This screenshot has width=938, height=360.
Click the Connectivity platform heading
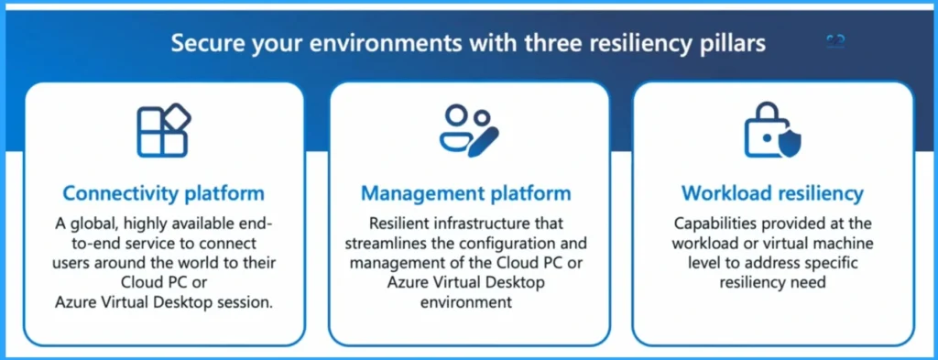(163, 193)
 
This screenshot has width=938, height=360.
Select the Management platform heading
(466, 193)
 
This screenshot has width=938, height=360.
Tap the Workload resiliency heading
(772, 193)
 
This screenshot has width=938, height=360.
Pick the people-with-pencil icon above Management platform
(467, 130)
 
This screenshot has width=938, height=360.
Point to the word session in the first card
(245, 302)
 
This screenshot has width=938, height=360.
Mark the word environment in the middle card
(467, 302)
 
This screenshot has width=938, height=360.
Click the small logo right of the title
(835, 41)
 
